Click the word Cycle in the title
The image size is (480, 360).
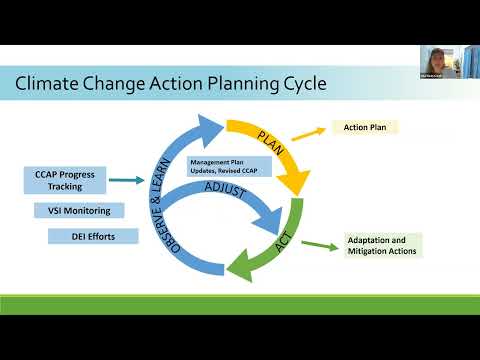[299, 83]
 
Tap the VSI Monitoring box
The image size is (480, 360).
[79, 211]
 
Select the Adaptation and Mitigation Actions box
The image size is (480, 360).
[383, 245]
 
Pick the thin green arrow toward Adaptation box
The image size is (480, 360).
[321, 241]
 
